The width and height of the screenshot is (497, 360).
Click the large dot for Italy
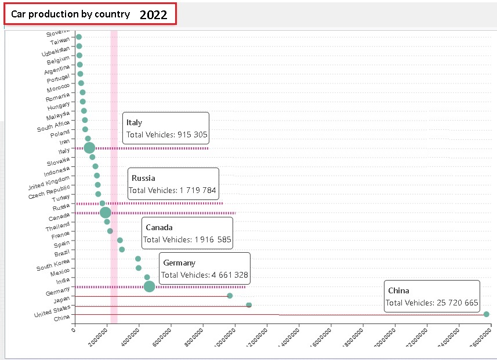coord(89,148)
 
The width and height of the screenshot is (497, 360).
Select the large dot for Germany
coord(149,286)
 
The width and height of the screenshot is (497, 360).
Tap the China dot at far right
coord(487,314)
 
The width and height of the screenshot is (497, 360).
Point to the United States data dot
coord(249,305)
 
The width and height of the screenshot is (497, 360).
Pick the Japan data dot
coord(230,296)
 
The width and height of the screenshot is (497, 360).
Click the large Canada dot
coord(105,213)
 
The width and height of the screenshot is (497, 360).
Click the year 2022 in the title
coord(153,15)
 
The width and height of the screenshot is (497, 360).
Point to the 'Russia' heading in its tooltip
coord(143,178)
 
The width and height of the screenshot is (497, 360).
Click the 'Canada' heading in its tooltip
coord(159,227)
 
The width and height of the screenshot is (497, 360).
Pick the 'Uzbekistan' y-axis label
coord(56,50)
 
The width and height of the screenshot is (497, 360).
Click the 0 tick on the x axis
coord(73,330)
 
